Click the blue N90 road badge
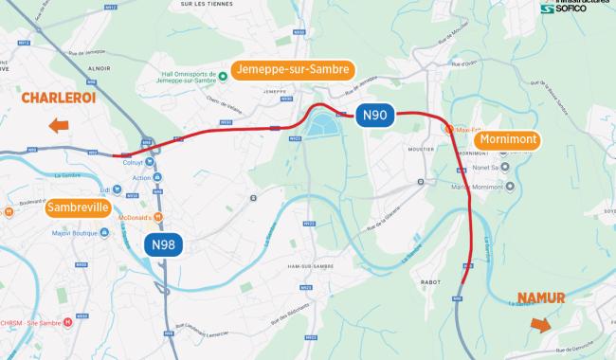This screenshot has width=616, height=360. pyautogui.click(x=374, y=116)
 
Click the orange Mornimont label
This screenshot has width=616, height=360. pyautogui.click(x=509, y=140)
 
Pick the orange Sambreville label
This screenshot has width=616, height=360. pyautogui.click(x=78, y=207)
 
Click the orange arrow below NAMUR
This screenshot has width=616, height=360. pyautogui.click(x=540, y=325)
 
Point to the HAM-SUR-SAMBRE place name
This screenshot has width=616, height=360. pyautogui.click(x=306, y=266)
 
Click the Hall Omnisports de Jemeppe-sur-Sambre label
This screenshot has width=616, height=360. pyautogui.click(x=185, y=81)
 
